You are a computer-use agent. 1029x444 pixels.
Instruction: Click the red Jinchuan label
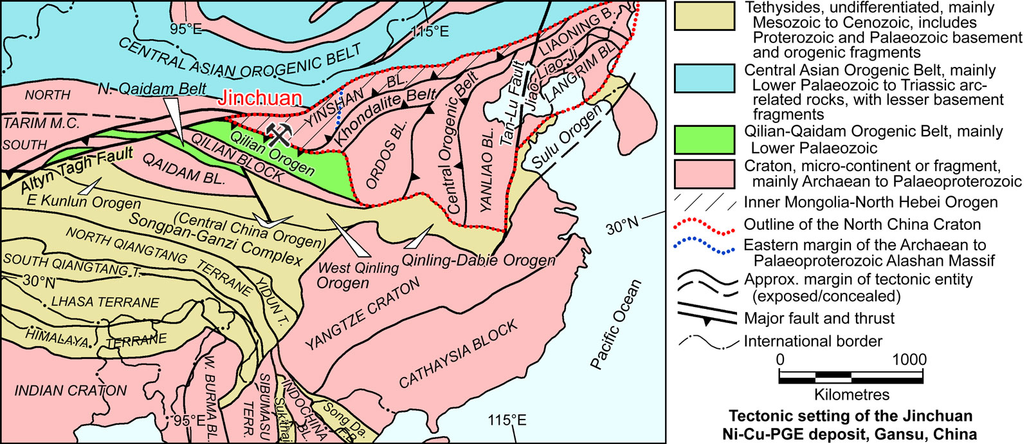click(x=260, y=98)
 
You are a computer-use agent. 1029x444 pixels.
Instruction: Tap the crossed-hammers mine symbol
click(x=279, y=134)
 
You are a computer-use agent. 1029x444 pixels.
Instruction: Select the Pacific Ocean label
click(x=615, y=325)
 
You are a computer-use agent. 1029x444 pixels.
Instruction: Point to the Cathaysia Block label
click(x=458, y=355)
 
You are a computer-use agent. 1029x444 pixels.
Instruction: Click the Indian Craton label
click(x=71, y=391)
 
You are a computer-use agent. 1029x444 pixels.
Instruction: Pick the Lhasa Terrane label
click(x=105, y=302)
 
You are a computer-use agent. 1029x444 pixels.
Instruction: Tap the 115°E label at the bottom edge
click(x=507, y=421)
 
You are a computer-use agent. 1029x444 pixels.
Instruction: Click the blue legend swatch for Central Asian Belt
click(x=704, y=79)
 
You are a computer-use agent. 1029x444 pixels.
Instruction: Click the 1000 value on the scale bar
click(x=909, y=360)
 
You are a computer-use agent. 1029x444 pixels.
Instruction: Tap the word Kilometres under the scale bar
click(x=851, y=395)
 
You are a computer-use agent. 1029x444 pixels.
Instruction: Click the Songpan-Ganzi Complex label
click(x=215, y=239)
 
